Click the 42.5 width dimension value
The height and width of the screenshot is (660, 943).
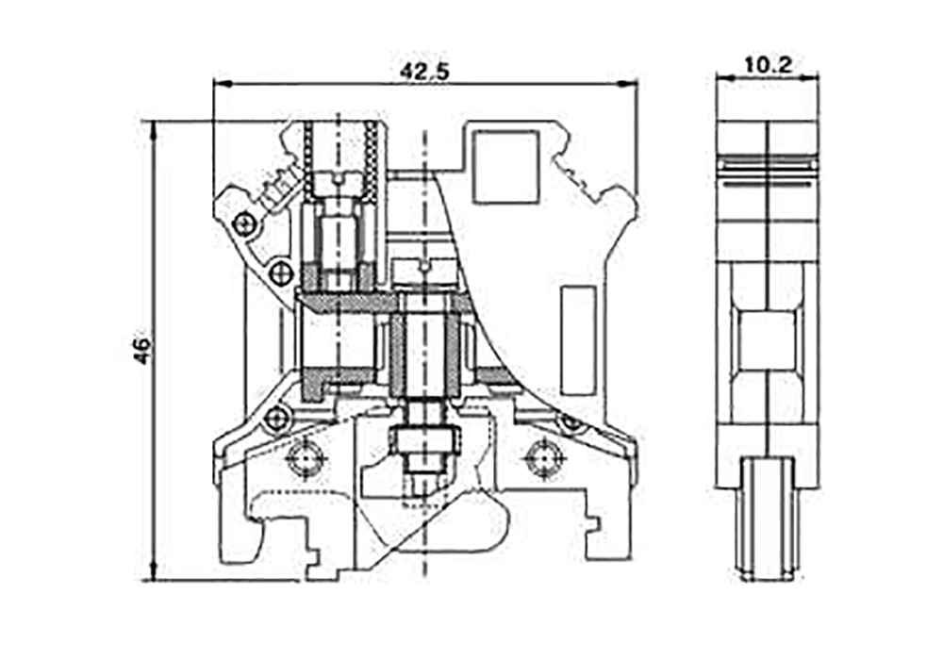click(x=424, y=72)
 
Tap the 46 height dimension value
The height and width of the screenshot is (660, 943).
click(x=142, y=351)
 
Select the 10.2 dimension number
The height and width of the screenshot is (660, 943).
click(x=768, y=64)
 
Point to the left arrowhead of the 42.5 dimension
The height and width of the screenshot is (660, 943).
click(x=222, y=84)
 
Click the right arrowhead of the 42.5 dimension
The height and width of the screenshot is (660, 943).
click(x=627, y=84)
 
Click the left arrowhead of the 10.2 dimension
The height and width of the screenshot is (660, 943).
click(x=724, y=76)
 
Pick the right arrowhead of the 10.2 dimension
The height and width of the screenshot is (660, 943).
click(x=810, y=76)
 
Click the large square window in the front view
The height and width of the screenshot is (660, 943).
click(x=505, y=167)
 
